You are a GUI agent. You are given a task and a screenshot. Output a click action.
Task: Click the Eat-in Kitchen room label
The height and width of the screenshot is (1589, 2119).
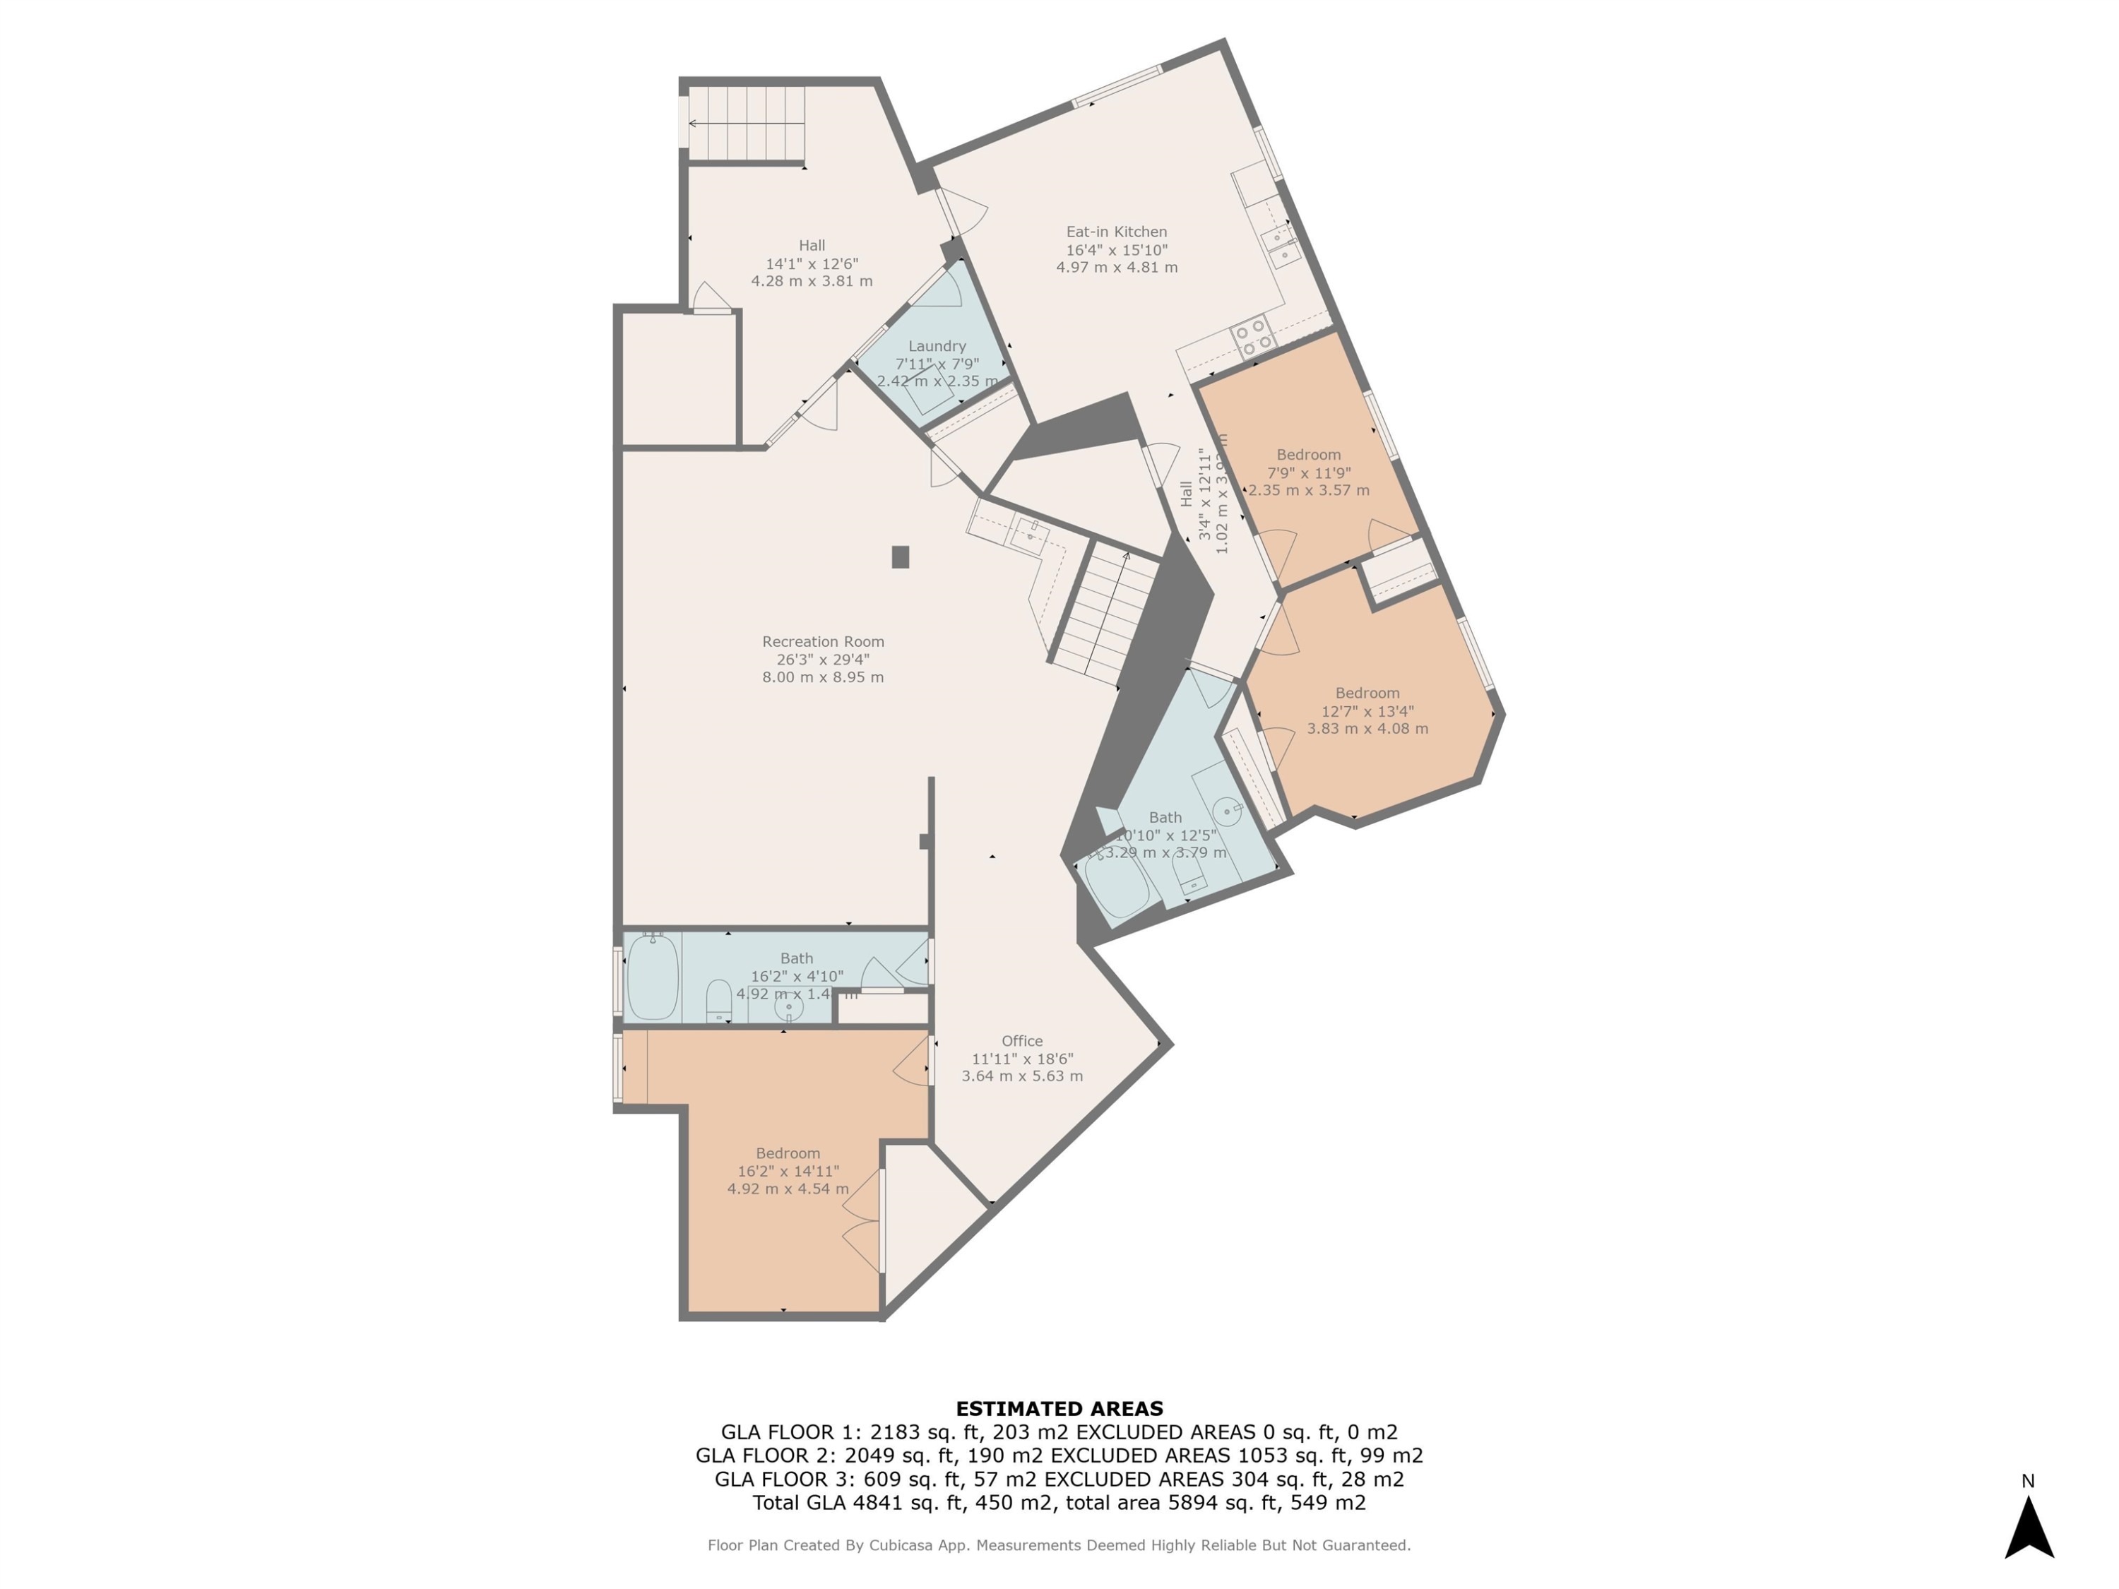pos(1116,232)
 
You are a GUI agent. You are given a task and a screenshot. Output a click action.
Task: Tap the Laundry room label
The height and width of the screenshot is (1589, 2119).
pos(936,346)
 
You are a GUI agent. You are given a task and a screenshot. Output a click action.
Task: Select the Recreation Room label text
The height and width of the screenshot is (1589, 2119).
pos(823,642)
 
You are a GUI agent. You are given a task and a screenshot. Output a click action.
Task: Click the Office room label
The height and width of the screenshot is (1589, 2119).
pos(1021,1041)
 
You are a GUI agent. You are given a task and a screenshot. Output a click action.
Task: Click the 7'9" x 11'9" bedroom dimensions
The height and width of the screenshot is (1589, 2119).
pos(1309,472)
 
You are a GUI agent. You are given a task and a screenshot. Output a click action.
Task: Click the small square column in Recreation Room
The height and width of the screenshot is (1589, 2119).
pos(900,557)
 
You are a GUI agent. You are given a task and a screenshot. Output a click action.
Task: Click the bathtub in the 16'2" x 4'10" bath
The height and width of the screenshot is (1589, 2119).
pos(653,977)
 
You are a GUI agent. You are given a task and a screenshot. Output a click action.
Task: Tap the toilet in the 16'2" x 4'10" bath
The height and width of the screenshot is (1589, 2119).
pos(718,1001)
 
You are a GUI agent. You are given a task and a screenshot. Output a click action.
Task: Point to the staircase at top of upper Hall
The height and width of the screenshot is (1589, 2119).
pos(745,124)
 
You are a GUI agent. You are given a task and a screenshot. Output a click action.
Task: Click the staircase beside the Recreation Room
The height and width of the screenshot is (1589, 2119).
pos(1106,613)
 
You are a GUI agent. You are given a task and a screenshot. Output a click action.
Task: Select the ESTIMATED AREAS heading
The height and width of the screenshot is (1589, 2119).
pos(1059,1409)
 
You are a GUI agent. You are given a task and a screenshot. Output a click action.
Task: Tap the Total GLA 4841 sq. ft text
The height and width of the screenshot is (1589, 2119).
pos(855,1503)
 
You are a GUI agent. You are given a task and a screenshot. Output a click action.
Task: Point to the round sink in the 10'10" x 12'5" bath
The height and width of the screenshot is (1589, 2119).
pos(1226,811)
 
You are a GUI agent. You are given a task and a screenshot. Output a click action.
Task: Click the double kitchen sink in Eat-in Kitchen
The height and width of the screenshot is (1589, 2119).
pos(1281,245)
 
